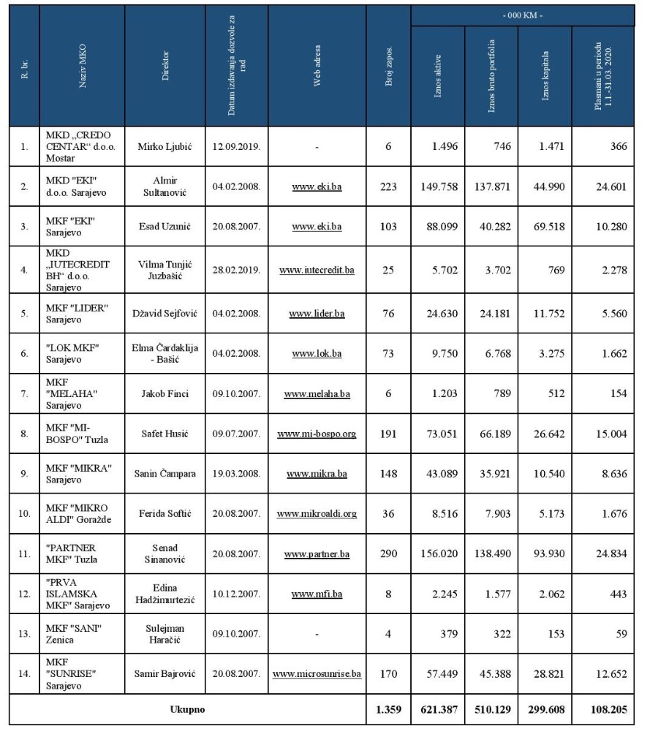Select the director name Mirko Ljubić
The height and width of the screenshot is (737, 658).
166,146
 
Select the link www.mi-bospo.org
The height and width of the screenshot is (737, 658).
317,434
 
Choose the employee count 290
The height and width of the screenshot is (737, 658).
388,553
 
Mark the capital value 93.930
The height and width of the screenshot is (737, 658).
545,553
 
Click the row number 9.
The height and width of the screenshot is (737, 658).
24,474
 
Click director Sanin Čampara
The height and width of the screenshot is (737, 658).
166,474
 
